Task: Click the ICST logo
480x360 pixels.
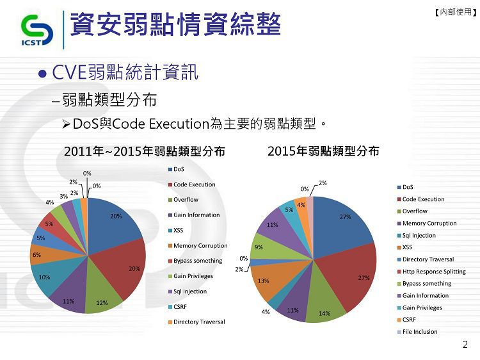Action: (36, 30)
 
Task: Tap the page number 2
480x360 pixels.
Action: (465, 345)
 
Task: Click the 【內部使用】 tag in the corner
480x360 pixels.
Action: (456, 12)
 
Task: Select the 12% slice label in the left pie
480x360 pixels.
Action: (102, 303)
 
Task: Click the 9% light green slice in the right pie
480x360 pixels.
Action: (266, 247)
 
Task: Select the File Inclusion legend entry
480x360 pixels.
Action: (417, 332)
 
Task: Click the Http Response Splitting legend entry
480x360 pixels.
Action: (431, 272)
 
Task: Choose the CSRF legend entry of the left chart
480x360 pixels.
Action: (177, 307)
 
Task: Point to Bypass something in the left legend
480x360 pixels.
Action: (195, 261)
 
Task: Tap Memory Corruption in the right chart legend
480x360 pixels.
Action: (427, 224)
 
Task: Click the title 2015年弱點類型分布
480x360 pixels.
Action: (323, 151)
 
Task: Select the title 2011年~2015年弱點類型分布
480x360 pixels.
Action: (145, 151)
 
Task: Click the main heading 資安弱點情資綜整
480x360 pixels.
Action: (175, 24)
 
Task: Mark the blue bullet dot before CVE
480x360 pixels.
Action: (42, 74)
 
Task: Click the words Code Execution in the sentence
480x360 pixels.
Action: (161, 124)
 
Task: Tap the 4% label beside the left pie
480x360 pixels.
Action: (49, 202)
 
